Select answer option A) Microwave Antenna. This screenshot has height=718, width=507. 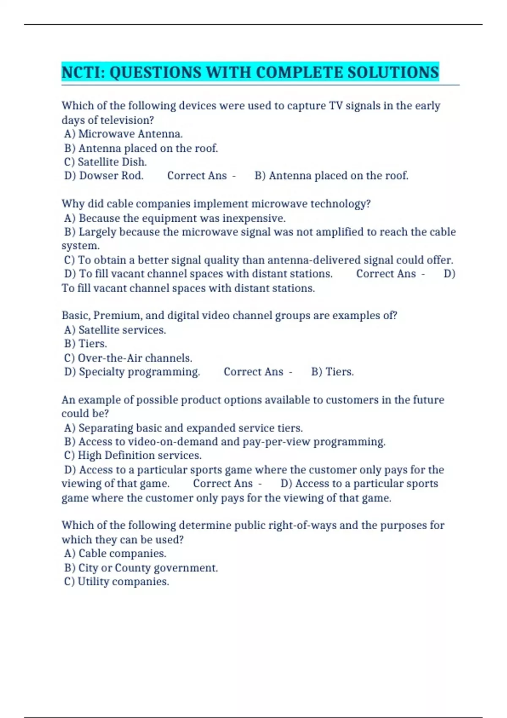tap(123, 134)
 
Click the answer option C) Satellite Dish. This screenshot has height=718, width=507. tap(105, 162)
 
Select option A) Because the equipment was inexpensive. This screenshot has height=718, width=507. tap(175, 218)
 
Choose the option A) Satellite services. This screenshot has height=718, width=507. tap(115, 330)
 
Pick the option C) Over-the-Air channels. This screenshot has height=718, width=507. tap(128, 358)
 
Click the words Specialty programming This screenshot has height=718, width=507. tap(139, 372)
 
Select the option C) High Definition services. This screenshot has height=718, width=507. tap(133, 455)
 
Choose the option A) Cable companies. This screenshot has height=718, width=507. tap(115, 553)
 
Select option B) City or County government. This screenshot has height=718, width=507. tap(141, 568)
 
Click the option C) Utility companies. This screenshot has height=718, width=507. tap(116, 582)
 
